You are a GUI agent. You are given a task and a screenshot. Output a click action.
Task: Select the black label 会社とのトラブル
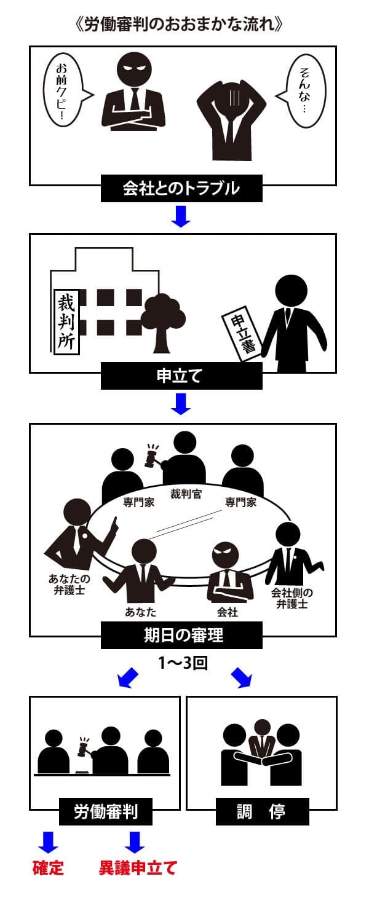[181, 188]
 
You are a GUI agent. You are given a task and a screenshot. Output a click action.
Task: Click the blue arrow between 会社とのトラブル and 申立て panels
[181, 216]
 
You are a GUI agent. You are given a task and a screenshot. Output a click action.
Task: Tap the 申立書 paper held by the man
[240, 333]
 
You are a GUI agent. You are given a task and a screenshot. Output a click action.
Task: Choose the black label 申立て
[181, 376]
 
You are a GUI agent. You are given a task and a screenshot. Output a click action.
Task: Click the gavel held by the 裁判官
[151, 456]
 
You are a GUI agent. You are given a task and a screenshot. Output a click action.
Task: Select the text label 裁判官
[185, 494]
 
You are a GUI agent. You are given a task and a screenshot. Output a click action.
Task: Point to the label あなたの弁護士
[69, 584]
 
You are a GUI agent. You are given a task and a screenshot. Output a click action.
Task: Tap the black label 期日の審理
[181, 635]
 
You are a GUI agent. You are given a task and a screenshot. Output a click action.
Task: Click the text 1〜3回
[182, 664]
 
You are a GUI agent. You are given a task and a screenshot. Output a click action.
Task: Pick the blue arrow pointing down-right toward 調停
[241, 678]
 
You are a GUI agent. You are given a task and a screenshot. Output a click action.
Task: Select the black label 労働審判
[106, 812]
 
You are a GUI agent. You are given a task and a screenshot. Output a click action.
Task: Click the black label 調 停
[261, 812]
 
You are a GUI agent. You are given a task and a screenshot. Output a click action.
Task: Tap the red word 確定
[48, 869]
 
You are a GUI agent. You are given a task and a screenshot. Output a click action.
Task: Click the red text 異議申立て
[138, 869]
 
